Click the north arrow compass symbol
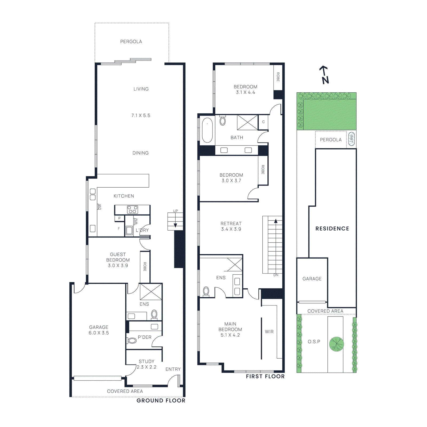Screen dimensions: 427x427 click(x=325, y=75)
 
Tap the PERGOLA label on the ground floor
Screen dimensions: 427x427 click(x=131, y=42)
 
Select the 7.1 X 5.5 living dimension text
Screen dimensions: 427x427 click(x=141, y=116)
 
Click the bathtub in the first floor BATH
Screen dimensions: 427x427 click(x=207, y=130)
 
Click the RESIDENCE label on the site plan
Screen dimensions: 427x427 click(x=332, y=229)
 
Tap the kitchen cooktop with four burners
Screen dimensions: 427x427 click(x=132, y=209)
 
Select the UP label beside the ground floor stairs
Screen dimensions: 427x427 click(x=175, y=211)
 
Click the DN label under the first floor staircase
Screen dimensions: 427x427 click(x=276, y=275)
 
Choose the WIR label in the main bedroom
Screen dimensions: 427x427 click(x=269, y=332)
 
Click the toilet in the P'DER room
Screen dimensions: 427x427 click(x=132, y=341)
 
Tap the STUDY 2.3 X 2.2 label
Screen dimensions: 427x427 click(x=147, y=364)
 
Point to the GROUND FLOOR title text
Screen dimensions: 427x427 click(x=161, y=401)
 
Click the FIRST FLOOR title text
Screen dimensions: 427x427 click(x=265, y=377)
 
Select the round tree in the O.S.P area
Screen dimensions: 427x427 click(x=336, y=344)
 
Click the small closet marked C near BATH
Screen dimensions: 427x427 click(x=263, y=122)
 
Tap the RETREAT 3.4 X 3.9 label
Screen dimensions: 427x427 click(x=231, y=226)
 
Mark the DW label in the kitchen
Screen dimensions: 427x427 click(x=100, y=207)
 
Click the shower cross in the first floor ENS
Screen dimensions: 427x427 click(x=235, y=265)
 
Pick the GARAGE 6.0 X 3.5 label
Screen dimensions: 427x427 click(x=99, y=330)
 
